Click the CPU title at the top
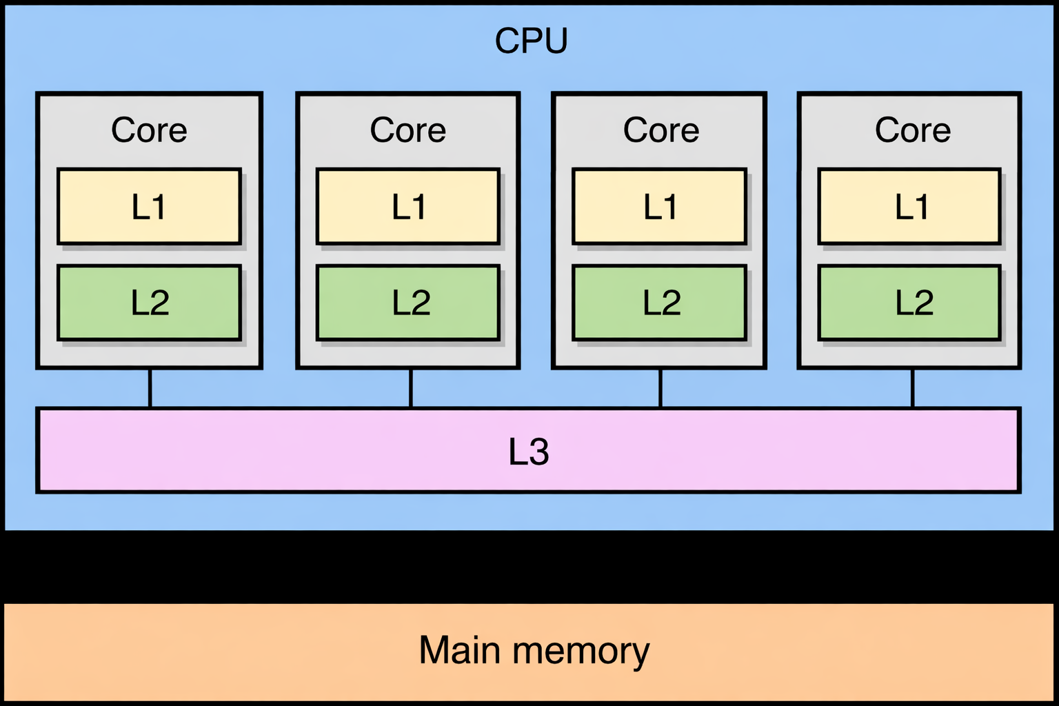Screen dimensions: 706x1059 pos(531,41)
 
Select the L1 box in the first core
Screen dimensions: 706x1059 pos(149,206)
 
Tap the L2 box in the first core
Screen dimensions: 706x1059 pos(149,303)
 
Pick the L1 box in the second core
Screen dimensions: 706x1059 pos(407,206)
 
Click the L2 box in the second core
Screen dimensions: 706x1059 pos(407,303)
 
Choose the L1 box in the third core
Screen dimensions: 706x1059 pos(659,206)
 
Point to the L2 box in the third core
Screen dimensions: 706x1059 pos(659,303)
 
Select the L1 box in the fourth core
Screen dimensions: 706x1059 pos(909,206)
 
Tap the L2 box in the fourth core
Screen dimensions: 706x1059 pos(909,303)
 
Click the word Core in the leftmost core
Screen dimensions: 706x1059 pos(149,130)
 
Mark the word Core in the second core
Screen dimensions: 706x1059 pos(407,130)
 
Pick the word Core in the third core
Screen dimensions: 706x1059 pos(660,130)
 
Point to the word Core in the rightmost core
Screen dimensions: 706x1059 pos(912,130)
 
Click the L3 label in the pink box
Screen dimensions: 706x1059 pos(528,452)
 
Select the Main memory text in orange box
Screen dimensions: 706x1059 pos(534,650)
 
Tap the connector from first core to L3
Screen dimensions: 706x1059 pos(150,388)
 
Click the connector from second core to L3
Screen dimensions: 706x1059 pos(411,388)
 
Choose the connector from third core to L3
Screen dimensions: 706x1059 pos(660,388)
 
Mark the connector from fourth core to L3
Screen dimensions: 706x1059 pos(912,388)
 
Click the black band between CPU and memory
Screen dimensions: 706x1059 pos(529,567)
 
